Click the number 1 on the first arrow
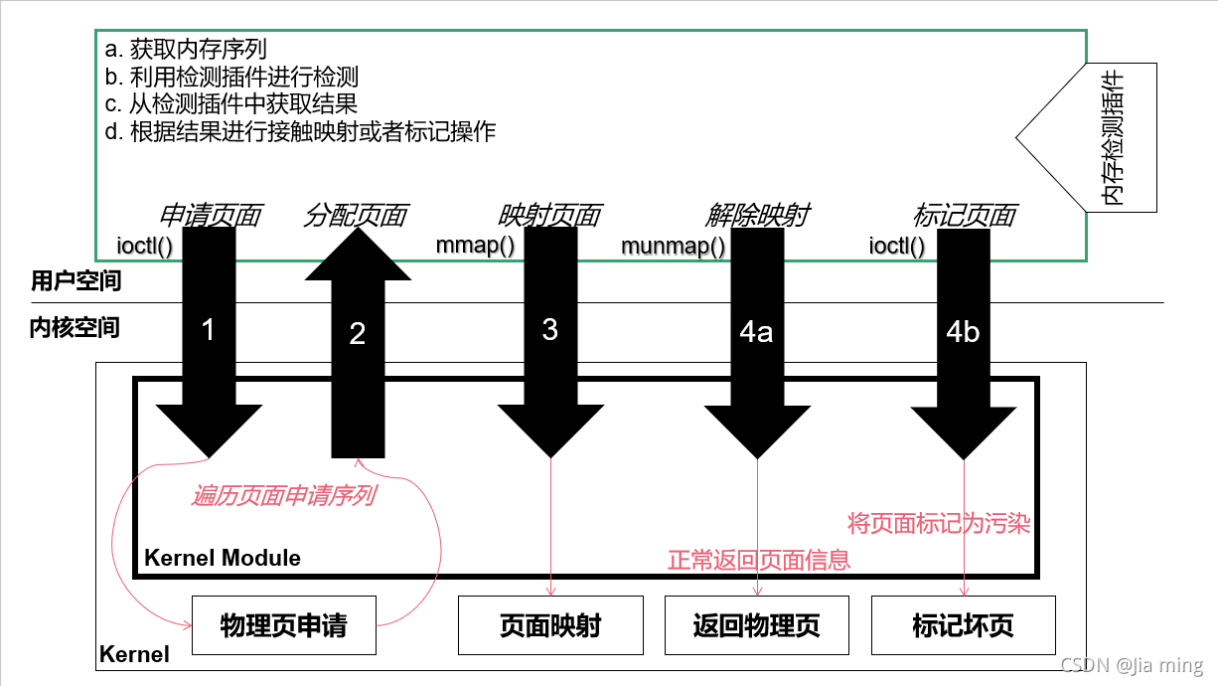(x=208, y=329)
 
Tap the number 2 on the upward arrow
(x=358, y=335)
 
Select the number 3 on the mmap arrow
(x=550, y=329)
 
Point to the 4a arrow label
(x=756, y=332)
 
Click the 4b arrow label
(x=962, y=332)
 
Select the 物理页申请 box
(x=283, y=625)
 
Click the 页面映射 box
(x=549, y=625)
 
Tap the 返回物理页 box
(x=756, y=625)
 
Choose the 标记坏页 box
(x=963, y=625)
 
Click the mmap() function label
(x=475, y=246)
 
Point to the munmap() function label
(x=674, y=246)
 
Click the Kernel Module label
(x=223, y=558)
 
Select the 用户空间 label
(x=76, y=280)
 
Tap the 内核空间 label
(x=76, y=327)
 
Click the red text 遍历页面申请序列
(x=283, y=495)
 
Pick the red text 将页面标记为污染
(x=939, y=523)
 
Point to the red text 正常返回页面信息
(x=759, y=560)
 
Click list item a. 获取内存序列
(x=186, y=48)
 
